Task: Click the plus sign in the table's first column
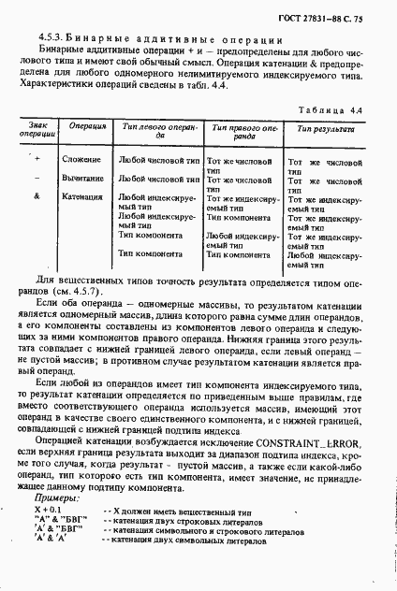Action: click(x=37, y=159)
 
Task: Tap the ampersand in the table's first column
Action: click(x=37, y=196)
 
